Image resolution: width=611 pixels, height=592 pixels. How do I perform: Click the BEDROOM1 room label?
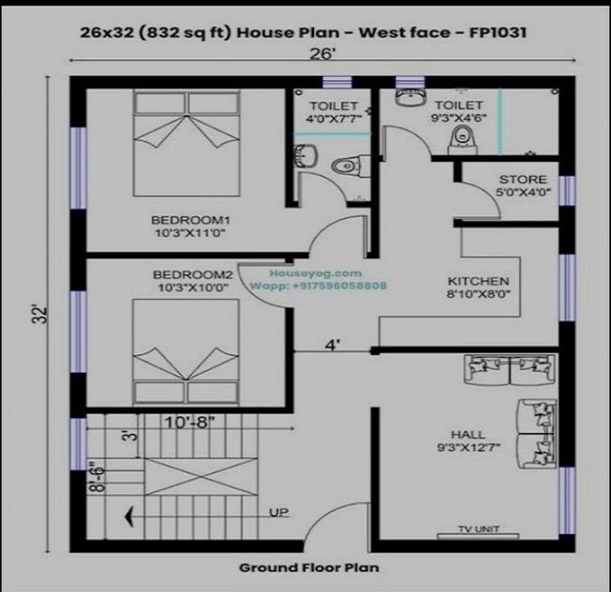(191, 220)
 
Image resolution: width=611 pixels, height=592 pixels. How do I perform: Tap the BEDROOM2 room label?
(193, 275)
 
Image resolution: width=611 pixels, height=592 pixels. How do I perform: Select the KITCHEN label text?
(478, 281)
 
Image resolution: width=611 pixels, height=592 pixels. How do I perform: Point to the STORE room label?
(523, 179)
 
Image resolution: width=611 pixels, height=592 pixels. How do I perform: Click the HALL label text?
(468, 434)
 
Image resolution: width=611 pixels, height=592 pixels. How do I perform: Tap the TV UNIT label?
(478, 529)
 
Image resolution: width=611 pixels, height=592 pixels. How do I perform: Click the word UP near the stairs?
(279, 512)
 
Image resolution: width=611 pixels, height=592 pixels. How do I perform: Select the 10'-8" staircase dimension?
(189, 422)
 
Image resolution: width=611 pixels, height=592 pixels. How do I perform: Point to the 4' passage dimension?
(333, 345)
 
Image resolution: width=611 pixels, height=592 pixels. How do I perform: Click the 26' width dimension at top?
(322, 54)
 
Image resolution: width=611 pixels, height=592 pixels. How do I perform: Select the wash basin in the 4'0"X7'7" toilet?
(305, 157)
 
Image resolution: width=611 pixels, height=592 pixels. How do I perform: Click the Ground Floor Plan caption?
(309, 568)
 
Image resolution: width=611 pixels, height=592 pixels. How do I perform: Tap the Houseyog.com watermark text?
(316, 273)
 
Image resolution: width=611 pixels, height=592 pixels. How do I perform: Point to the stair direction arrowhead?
(129, 517)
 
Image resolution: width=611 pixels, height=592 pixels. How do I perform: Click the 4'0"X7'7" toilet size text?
(334, 118)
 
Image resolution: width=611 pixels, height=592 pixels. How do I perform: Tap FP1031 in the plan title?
(497, 32)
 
